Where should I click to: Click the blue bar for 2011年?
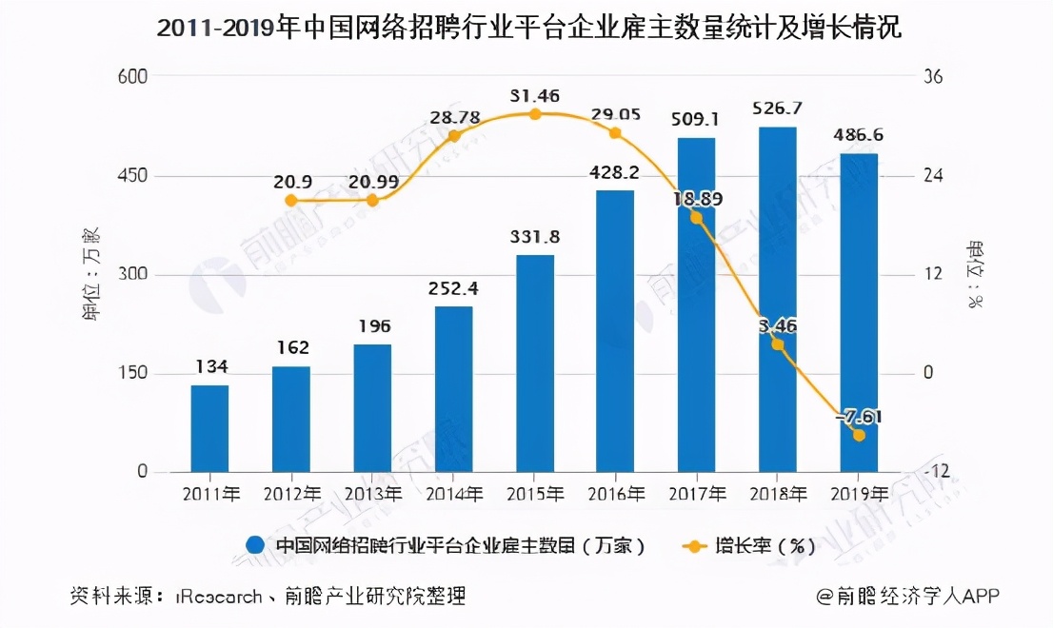pyautogui.click(x=209, y=428)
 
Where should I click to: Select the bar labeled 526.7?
pyautogui.click(x=777, y=300)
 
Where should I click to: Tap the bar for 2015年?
pyautogui.click(x=535, y=363)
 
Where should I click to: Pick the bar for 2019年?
pyautogui.click(x=859, y=313)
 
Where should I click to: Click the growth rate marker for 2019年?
pyautogui.click(x=859, y=435)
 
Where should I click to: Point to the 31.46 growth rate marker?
pyautogui.click(x=535, y=114)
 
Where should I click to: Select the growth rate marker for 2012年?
pyautogui.click(x=291, y=201)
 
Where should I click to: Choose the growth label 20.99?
pyautogui.click(x=372, y=181)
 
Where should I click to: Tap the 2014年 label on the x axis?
pyautogui.click(x=453, y=495)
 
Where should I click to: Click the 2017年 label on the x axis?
pyautogui.click(x=697, y=495)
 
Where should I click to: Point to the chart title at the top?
pyautogui.click(x=527, y=29)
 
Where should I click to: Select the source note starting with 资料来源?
pyautogui.click(x=268, y=597)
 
